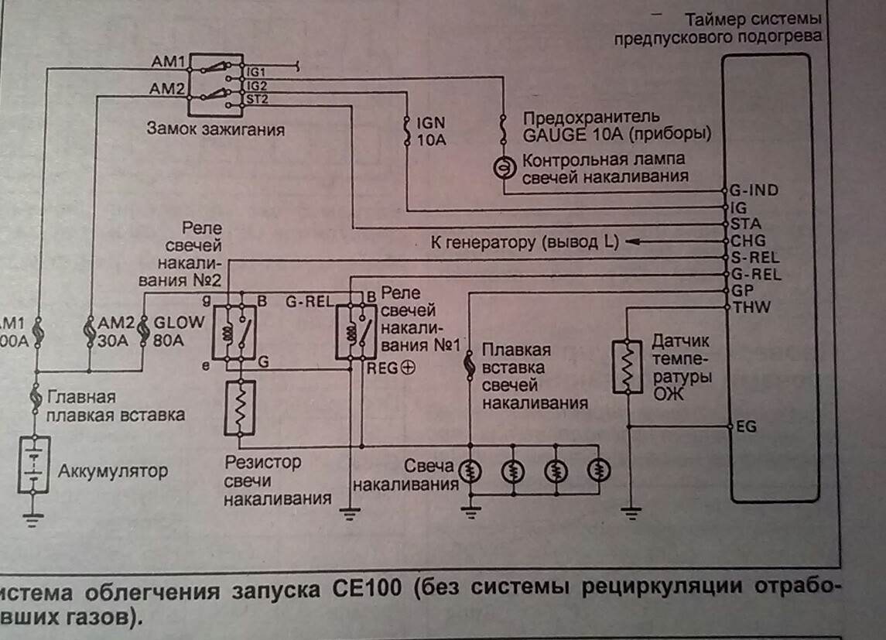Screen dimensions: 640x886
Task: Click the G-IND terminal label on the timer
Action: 754,190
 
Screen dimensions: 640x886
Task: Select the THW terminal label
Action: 749,308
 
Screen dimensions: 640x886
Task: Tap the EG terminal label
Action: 747,426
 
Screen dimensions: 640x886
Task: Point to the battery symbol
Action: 33,464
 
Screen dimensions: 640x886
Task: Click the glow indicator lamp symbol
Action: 504,166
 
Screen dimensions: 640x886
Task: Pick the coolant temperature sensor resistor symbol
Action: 628,366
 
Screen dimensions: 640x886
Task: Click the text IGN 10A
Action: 431,132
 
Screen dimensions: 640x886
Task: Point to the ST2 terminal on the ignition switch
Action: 257,99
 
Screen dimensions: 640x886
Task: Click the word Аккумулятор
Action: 112,471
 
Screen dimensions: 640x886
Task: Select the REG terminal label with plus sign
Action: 392,368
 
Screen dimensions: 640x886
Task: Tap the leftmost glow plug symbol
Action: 469,470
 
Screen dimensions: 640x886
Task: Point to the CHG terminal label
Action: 748,241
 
